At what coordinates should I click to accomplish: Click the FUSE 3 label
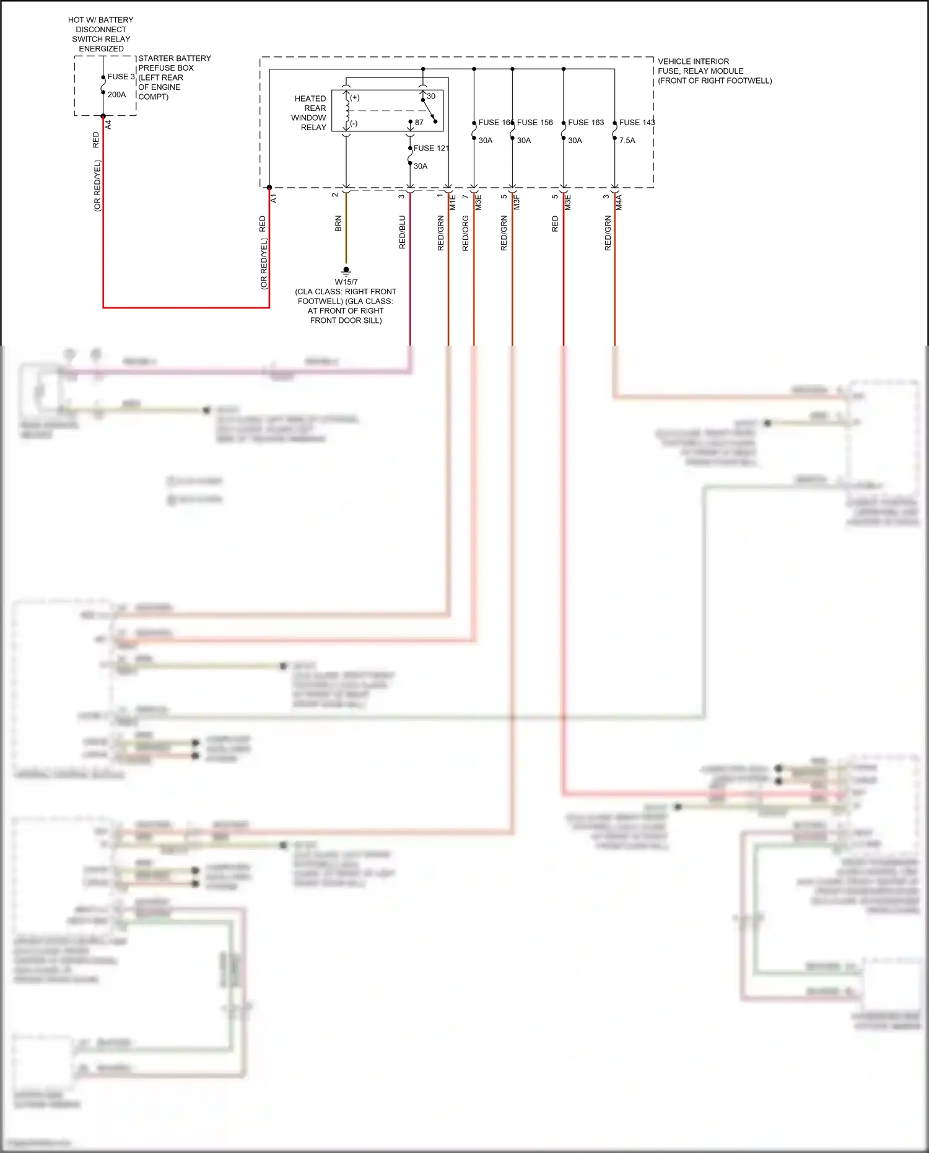coord(121,77)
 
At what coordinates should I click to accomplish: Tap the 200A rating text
coord(116,95)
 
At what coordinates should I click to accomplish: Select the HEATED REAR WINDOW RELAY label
coord(310,113)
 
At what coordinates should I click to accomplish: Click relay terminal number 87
coord(419,123)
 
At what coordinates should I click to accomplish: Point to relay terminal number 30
coord(431,97)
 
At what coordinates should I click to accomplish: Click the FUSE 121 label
coord(431,148)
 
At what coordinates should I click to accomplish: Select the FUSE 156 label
coord(535,123)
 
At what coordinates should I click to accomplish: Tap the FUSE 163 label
coord(586,123)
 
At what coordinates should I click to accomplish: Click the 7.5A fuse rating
coord(627,141)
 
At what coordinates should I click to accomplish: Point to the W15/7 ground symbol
coord(346,271)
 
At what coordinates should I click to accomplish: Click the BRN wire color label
coord(338,224)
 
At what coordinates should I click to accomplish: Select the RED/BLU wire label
coord(403,232)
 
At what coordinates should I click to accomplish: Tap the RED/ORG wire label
coord(466,233)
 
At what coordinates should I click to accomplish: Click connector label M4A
coord(619,202)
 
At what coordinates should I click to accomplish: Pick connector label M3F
coord(517,202)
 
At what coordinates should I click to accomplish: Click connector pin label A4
coord(108,125)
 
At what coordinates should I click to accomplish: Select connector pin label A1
coord(274,198)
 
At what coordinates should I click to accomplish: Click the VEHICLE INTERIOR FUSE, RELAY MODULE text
coord(714,71)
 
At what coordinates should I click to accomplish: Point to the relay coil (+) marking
coord(355,98)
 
